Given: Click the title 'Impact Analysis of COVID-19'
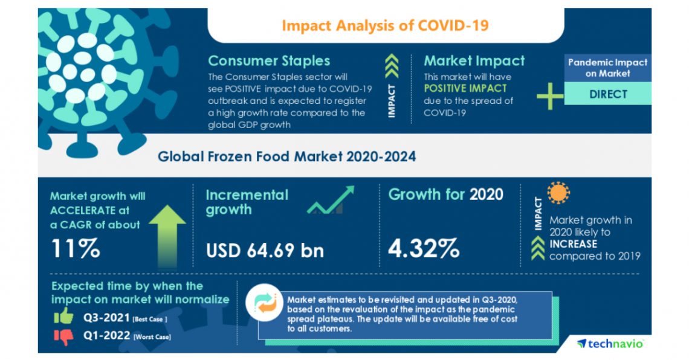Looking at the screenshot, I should click(385, 25).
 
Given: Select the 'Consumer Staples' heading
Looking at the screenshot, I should click(269, 61).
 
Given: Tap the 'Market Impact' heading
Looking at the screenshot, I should click(474, 61).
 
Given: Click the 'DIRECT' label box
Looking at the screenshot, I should click(607, 94).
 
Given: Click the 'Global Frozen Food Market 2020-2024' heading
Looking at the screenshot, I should click(286, 157).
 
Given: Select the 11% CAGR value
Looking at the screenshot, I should click(75, 249).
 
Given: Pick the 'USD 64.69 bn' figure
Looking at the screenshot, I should click(265, 250).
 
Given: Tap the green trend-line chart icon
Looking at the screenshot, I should click(330, 201).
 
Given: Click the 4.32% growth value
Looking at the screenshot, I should click(424, 248).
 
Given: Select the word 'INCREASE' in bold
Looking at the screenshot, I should click(573, 244).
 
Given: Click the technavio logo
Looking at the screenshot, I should click(610, 343).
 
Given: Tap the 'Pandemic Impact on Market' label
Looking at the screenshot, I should click(607, 68).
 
